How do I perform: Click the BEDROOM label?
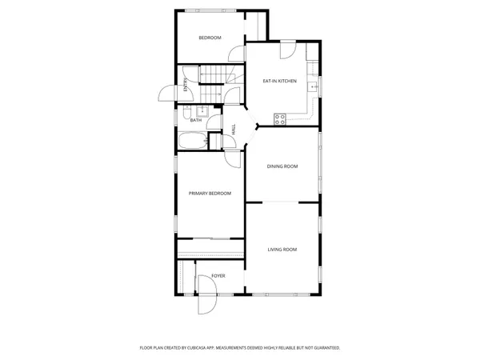click(x=210, y=38)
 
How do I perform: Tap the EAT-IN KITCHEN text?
click(x=280, y=81)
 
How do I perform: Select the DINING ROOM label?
click(x=282, y=166)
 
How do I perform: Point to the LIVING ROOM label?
click(x=282, y=250)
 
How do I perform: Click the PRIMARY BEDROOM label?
click(x=210, y=194)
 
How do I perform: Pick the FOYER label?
click(x=218, y=276)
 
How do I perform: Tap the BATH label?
click(x=195, y=121)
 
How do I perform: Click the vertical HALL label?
click(x=233, y=128)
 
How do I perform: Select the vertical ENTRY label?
click(x=186, y=86)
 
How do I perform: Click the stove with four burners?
click(x=280, y=119)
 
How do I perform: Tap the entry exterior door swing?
click(x=166, y=94)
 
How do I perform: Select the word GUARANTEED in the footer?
click(x=323, y=348)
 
